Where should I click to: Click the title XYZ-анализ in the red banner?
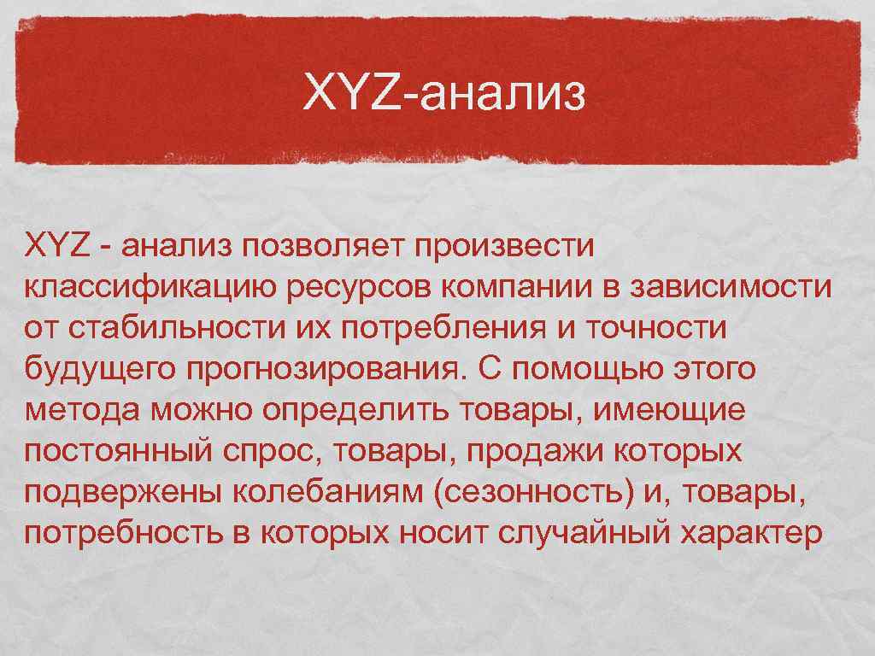tap(445, 95)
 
